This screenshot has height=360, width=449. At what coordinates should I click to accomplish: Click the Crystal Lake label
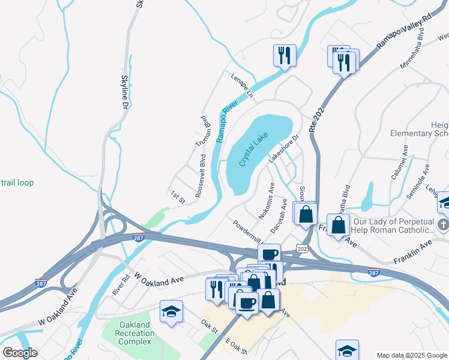point(253,150)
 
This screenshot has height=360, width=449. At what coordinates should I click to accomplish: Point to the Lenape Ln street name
point(242,86)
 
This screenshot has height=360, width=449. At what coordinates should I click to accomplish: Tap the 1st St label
point(178,196)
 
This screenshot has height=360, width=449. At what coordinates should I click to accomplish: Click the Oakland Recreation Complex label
point(127,333)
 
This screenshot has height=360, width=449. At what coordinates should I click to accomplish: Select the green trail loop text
point(17,182)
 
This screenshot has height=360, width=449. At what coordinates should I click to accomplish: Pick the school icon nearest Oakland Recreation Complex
point(171,311)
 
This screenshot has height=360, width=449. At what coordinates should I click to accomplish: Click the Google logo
point(20,353)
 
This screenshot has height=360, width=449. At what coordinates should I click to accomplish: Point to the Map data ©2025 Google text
point(412,355)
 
